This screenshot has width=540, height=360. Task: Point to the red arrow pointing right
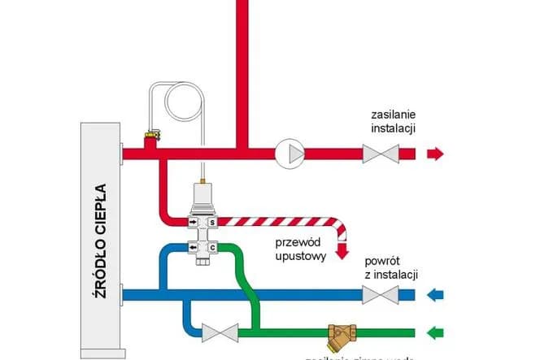pyautogui.click(x=436, y=153)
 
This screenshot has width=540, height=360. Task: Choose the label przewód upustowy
pyautogui.click(x=300, y=249)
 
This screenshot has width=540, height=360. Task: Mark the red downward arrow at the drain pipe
pyautogui.click(x=342, y=251)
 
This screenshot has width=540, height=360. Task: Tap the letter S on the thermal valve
pyautogui.click(x=212, y=222)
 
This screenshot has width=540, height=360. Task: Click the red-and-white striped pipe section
pyautogui.click(x=277, y=221)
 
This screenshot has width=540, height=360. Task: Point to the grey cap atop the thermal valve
pyautogui.click(x=201, y=195)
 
